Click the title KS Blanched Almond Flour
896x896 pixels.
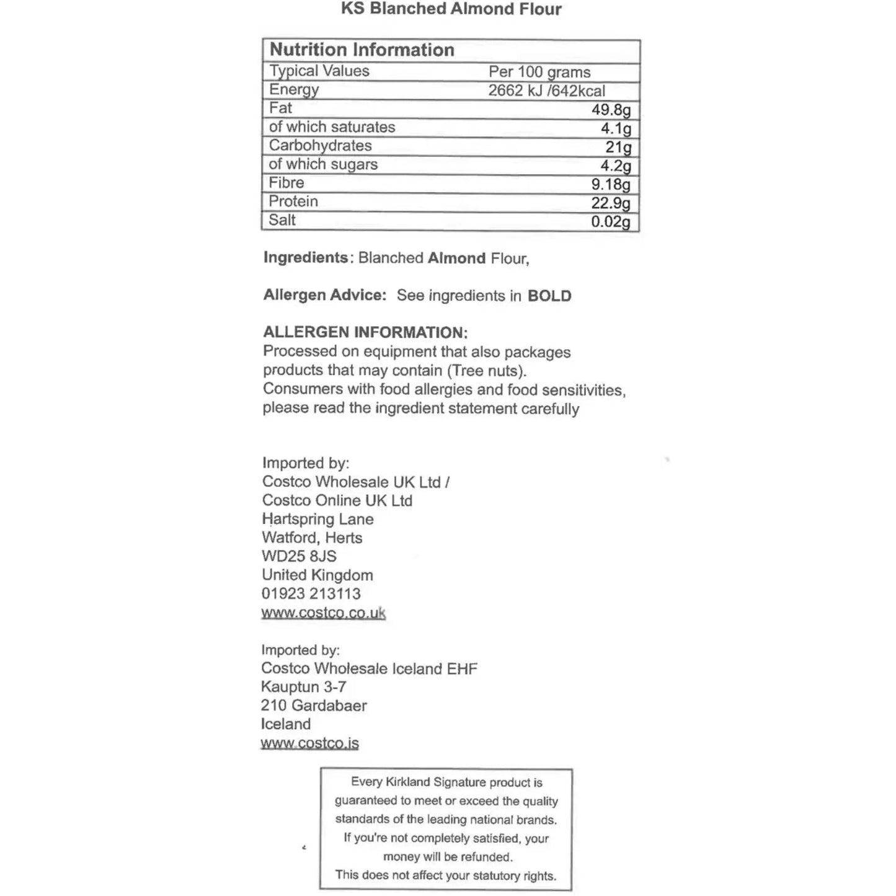[x=451, y=9]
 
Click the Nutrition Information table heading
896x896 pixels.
[x=362, y=50]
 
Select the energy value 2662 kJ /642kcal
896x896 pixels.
[x=546, y=91]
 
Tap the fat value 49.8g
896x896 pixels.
[x=611, y=110]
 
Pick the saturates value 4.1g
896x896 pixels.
[x=616, y=128]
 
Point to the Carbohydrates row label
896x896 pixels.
[x=320, y=146]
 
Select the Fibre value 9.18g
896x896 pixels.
[x=611, y=184]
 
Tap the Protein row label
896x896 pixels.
[x=293, y=202]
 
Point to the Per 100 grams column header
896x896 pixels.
[x=539, y=72]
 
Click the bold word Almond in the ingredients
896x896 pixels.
[x=456, y=258]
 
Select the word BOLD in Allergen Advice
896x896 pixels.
[x=549, y=296]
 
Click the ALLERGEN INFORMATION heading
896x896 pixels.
[x=365, y=332]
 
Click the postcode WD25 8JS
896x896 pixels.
[x=299, y=556]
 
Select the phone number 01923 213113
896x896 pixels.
[x=311, y=593]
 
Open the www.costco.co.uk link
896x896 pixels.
[x=323, y=613]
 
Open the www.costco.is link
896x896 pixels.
[x=309, y=743]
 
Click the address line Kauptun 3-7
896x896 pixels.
[x=303, y=687]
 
